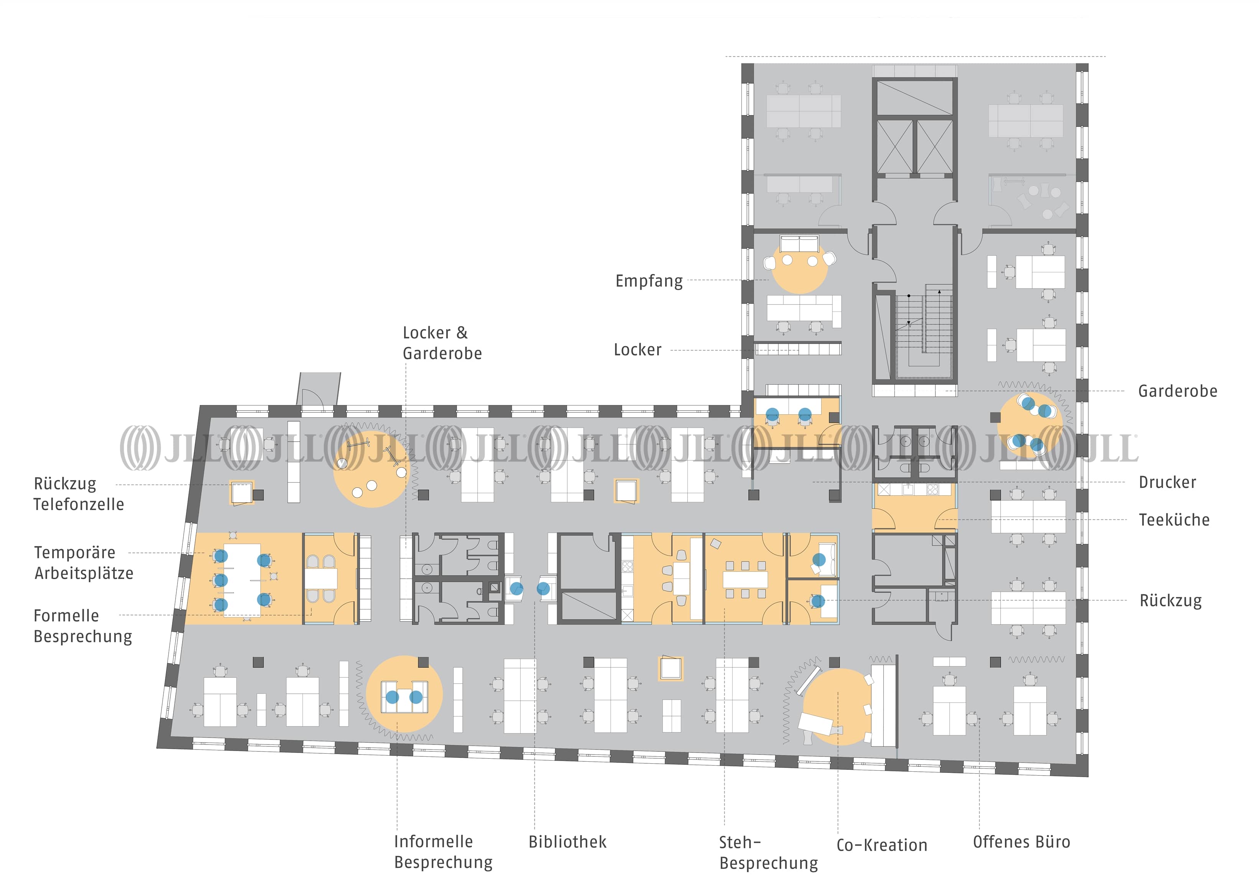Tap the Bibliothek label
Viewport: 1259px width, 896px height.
click(567, 842)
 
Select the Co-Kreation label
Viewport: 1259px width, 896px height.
click(881, 845)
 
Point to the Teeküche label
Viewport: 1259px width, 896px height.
click(1174, 520)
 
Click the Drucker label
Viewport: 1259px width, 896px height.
click(1167, 482)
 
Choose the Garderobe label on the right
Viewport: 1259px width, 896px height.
click(1177, 391)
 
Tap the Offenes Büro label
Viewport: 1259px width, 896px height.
click(1021, 842)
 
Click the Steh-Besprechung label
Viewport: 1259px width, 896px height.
click(768, 852)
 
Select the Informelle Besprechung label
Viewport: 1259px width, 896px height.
click(443, 852)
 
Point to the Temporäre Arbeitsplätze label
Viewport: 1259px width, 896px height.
click(83, 563)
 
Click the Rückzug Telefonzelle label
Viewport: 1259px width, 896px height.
click(78, 494)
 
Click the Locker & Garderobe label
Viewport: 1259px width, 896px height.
click(442, 343)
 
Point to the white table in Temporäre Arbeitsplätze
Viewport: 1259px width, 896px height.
click(242, 579)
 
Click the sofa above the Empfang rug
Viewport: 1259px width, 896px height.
click(799, 243)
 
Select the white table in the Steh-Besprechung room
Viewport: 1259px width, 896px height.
click(745, 579)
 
